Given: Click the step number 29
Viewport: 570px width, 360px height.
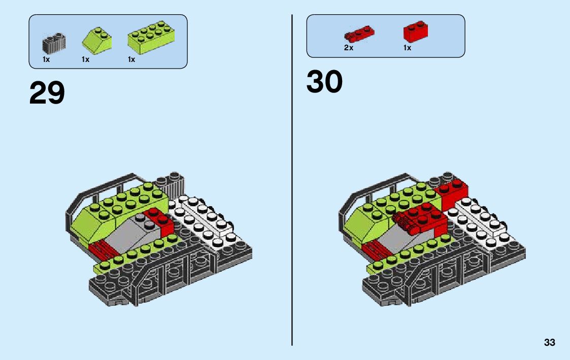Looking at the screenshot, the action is click(x=47, y=93).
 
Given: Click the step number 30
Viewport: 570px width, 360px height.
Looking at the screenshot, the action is click(x=324, y=82).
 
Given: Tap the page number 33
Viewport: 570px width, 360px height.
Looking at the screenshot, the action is click(x=549, y=343).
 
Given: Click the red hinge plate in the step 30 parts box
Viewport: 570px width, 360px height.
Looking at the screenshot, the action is click(x=359, y=35).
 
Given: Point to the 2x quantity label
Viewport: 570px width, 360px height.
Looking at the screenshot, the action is click(x=348, y=48).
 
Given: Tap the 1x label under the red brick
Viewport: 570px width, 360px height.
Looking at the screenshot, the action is click(x=407, y=48).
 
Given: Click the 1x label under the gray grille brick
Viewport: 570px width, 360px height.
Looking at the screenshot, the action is click(x=46, y=59).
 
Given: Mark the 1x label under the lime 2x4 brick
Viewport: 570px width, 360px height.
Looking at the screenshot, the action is click(x=131, y=59).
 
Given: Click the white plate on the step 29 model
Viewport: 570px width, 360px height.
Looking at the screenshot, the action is click(x=203, y=218).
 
